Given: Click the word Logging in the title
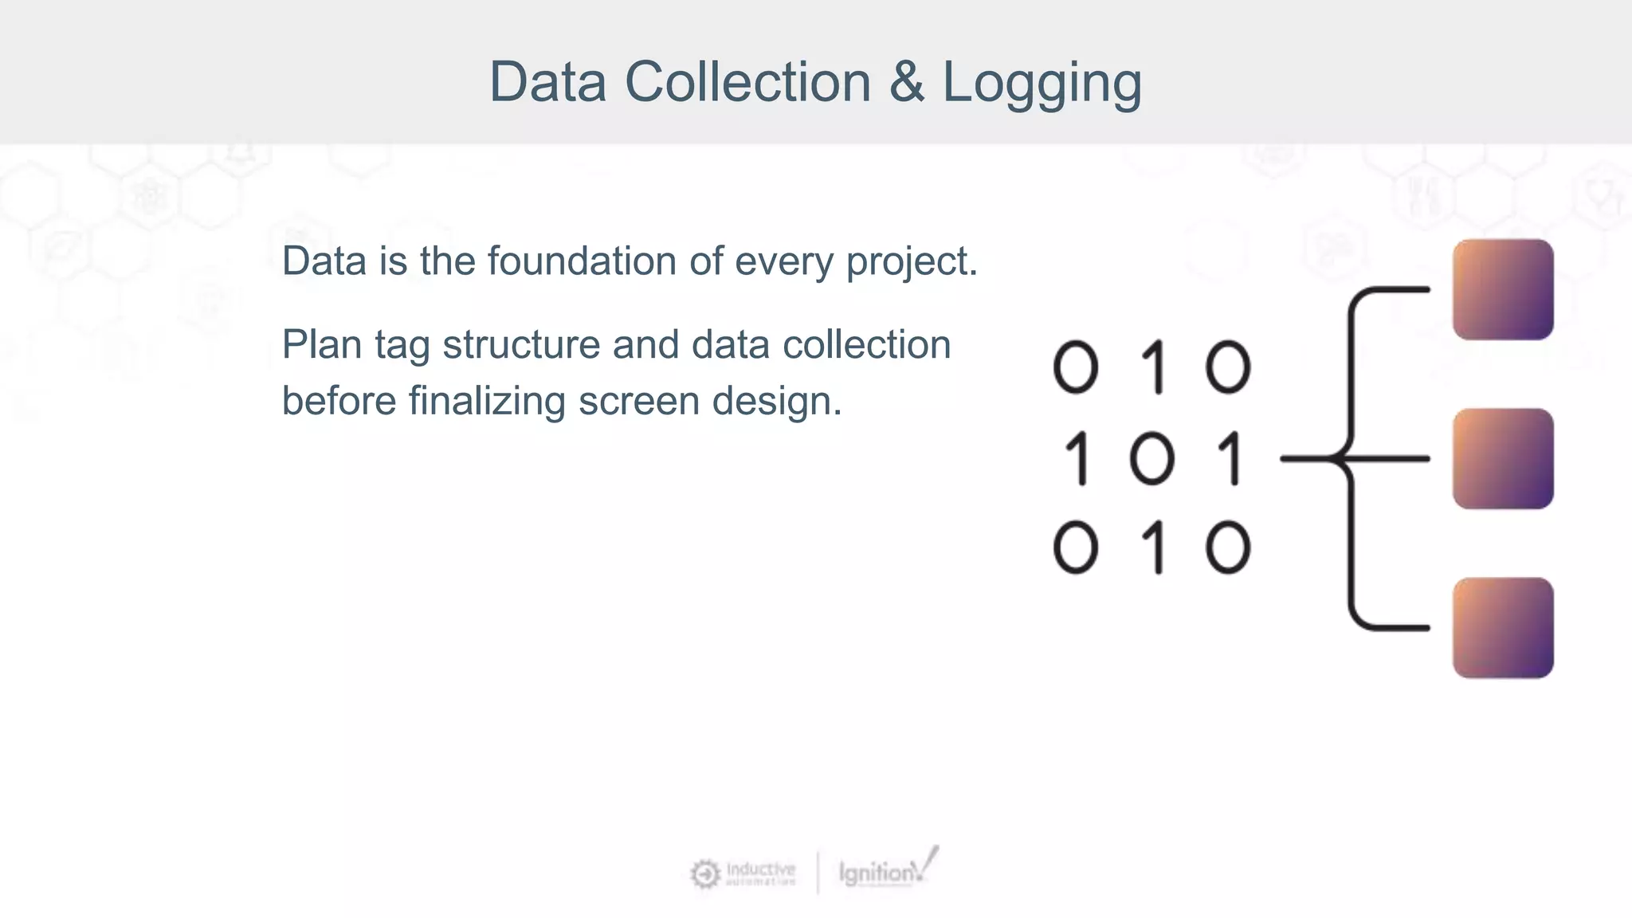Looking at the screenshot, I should pos(1042,83).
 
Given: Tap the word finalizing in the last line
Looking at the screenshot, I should pos(487,401).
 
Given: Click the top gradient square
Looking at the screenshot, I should pos(1502,289).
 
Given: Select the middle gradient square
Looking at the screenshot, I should pos(1502,459).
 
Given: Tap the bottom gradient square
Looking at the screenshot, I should pos(1502,628).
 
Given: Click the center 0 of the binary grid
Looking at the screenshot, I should pos(1152,459).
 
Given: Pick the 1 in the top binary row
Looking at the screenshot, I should pos(1155,368).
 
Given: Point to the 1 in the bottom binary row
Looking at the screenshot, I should pos(1155,548).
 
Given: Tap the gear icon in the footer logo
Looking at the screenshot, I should pos(705,874).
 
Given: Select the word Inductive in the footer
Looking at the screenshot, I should pos(760,869).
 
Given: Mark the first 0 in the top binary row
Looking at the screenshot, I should pos(1076,368).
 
